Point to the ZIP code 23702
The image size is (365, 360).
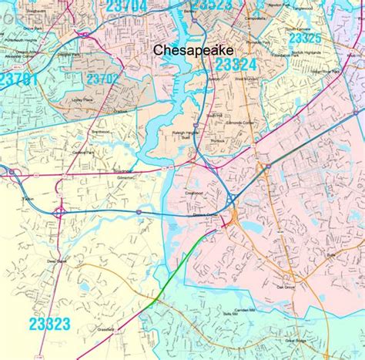[102, 78]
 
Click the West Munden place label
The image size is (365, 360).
[246, 78]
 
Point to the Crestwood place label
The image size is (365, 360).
[193, 183]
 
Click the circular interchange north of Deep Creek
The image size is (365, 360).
[59, 210]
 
